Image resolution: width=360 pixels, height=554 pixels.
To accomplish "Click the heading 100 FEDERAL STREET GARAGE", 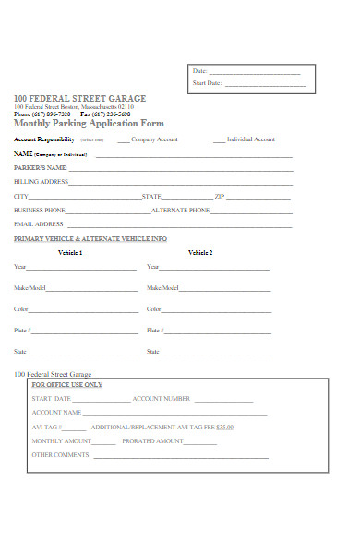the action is pos(79,98).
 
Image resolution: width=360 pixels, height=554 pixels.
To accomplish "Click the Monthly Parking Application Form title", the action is pos(76,123).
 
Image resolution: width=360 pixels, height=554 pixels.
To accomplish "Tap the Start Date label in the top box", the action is pos(207,83).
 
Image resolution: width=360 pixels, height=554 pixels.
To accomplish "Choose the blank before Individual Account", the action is pos(219,139).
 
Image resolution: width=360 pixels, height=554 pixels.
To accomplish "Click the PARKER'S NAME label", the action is pos(40,168).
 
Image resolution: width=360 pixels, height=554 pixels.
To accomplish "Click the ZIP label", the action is pos(220,197).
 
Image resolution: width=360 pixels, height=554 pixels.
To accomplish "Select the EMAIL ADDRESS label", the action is pos(39,224).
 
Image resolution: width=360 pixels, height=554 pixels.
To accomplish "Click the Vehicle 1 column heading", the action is pos(70,252).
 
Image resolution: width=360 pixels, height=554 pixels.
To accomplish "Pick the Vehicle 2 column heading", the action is pos(200,252).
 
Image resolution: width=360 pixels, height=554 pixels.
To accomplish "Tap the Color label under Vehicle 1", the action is pos(21,309).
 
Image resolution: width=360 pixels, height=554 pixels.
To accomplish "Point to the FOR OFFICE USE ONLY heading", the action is pos(67,384).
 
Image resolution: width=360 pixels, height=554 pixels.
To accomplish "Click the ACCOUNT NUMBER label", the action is pos(162,399).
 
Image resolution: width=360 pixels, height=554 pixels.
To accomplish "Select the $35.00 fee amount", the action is pos(224,428).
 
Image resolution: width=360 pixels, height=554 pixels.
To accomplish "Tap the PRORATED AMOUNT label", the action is pos(152,441).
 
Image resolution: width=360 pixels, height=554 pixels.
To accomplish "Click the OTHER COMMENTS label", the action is pos(61,455).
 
